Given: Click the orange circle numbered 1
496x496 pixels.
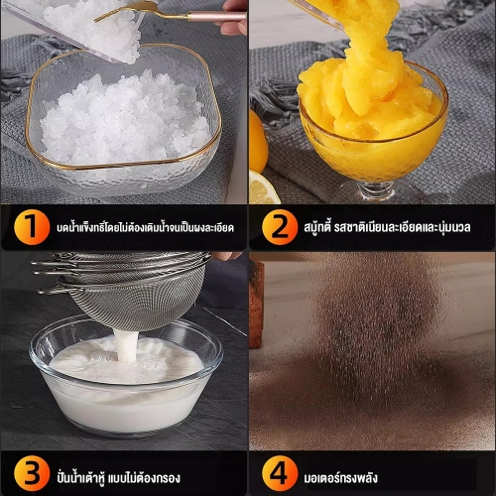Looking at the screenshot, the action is coord(32,227).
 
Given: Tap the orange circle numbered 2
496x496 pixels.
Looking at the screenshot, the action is coord(280,227).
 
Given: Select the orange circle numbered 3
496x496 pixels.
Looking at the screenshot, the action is coord(32,473).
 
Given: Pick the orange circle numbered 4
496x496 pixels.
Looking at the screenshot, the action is coord(280,473).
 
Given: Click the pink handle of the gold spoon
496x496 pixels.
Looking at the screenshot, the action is coord(216,17).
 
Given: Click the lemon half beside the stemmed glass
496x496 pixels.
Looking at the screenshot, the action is coord(263,187).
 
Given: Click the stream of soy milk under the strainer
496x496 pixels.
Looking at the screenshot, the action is coord(126,345).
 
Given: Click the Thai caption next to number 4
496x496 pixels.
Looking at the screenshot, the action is coord(340,477).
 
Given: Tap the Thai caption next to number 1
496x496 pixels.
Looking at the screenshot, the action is coord(145,227).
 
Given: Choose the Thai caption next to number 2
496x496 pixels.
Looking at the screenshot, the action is coord(387,227).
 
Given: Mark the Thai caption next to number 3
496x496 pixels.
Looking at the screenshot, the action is coord(118,477).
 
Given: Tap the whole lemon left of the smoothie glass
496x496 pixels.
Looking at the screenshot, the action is coord(258,142).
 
